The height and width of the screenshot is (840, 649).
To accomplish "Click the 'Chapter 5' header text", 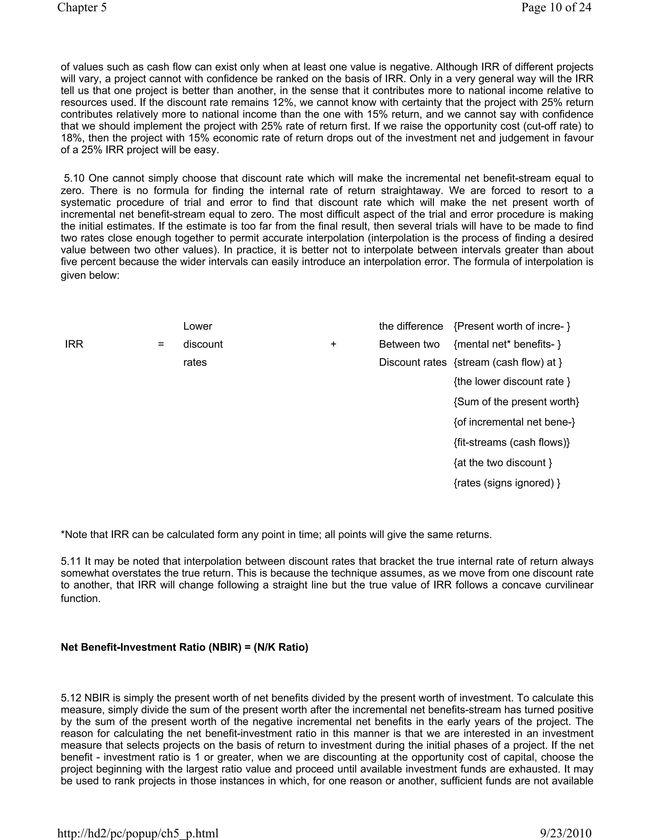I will click(82, 7).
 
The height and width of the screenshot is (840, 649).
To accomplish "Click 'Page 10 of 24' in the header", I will click(556, 7).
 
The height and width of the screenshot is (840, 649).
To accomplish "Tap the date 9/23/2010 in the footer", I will click(566, 833).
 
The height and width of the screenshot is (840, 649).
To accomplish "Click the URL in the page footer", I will click(138, 833).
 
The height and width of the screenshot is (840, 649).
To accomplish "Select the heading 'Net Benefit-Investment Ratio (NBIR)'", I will click(184, 647).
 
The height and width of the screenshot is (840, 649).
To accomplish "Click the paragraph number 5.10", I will click(74, 178).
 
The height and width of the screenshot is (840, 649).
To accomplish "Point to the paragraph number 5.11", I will click(71, 562).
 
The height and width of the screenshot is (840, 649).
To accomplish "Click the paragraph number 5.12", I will click(71, 698).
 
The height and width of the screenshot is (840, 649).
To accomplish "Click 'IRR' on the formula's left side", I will click(74, 344).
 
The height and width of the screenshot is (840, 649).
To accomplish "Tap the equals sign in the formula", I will click(161, 344).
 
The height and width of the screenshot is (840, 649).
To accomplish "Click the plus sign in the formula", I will click(333, 344).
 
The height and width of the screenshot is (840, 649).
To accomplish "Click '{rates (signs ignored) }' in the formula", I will click(507, 483).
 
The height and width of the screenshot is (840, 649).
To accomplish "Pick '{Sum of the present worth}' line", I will click(516, 402).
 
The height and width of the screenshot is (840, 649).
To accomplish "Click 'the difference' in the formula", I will click(411, 326).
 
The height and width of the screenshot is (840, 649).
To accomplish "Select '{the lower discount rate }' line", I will click(512, 382).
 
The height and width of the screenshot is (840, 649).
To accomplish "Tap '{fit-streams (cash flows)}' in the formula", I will click(511, 442).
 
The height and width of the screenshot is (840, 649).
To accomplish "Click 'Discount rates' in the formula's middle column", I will click(413, 362).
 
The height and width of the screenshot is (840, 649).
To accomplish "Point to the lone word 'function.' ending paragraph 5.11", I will click(80, 598).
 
